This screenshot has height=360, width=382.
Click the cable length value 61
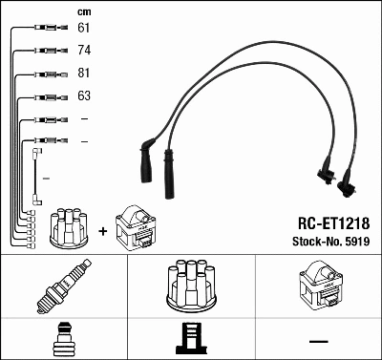[84, 28]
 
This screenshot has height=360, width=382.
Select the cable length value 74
[84, 50]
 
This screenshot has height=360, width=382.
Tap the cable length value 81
[84, 74]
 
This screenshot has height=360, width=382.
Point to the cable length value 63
[84, 96]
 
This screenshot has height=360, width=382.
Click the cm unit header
[83, 11]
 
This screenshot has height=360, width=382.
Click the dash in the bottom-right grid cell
[318, 341]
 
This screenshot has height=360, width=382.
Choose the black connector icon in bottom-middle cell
[191, 340]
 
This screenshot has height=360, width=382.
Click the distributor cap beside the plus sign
[69, 227]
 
